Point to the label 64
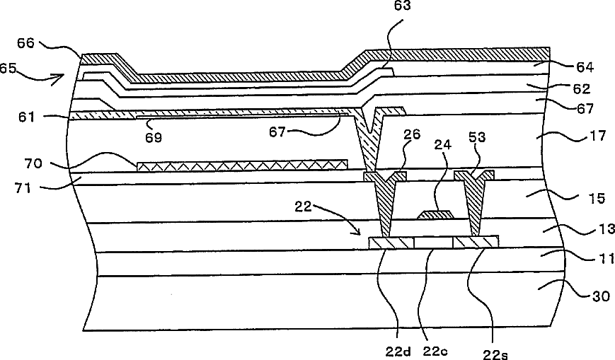click(585, 68)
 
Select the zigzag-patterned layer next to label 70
click(241, 165)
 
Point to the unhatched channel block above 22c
click(433, 243)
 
